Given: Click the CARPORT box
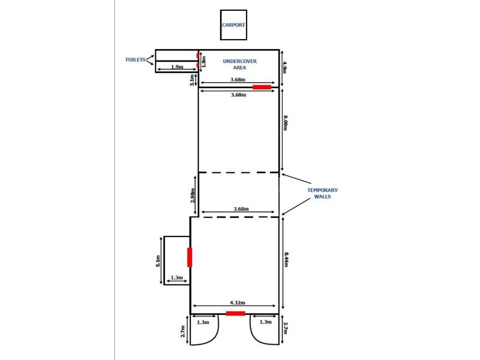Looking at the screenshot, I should click(233, 25).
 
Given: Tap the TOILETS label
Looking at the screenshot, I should click(136, 59).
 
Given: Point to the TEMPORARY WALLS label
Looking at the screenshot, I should click(319, 193).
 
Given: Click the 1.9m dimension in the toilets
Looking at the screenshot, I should click(176, 67).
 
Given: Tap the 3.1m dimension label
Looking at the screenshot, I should click(192, 80).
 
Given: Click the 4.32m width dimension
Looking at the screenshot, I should click(235, 304).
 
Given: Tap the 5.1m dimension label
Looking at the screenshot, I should click(158, 261).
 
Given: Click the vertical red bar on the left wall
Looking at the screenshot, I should click(190, 257).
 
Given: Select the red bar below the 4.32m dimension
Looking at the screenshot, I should click(235, 313).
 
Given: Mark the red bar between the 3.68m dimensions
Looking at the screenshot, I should click(261, 87).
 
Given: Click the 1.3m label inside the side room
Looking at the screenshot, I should click(176, 278).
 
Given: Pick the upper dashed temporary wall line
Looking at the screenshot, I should click(239, 173).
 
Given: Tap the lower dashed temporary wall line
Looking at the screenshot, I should click(239, 217).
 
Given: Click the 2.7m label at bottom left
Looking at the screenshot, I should click(183, 331).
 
